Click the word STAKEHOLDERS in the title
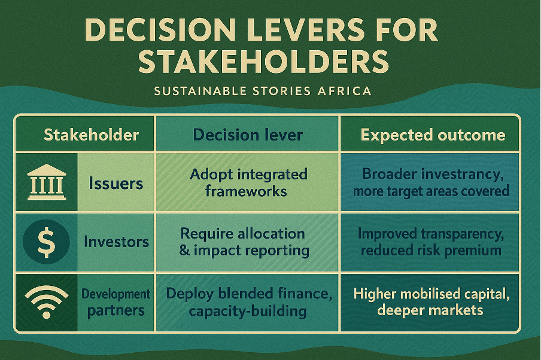263,62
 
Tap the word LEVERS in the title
306,30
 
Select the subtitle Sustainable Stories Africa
263,91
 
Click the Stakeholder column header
91,135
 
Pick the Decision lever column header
248,135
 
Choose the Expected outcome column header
433,135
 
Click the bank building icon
47,182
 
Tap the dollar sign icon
46,242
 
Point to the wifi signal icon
47,302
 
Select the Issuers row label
116,183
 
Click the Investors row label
116,242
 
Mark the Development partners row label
116,303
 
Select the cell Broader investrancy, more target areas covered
431,182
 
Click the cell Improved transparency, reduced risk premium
431,242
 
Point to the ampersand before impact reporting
184,251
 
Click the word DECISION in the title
160,30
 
